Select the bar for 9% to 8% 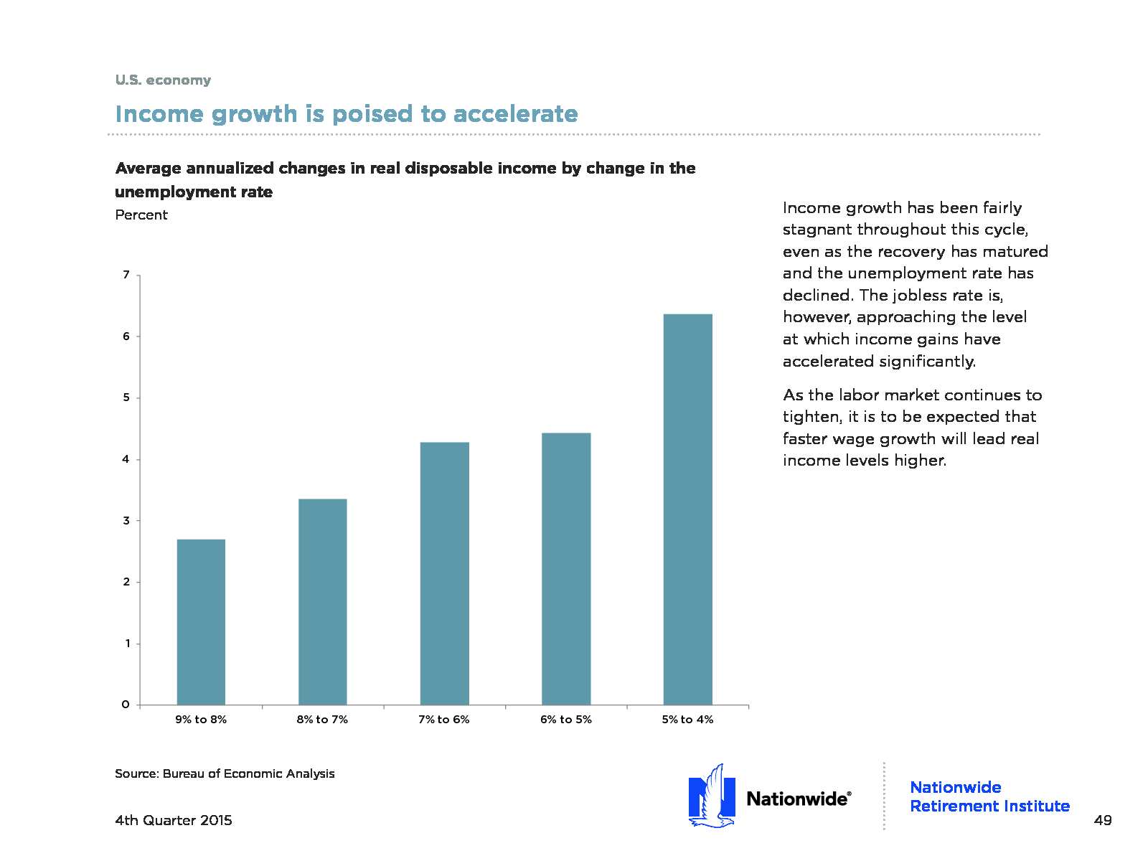pyautogui.click(x=201, y=621)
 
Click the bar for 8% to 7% pyautogui.click(x=323, y=602)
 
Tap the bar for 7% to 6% pyautogui.click(x=445, y=573)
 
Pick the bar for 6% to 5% pyautogui.click(x=566, y=569)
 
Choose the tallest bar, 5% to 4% pyautogui.click(x=688, y=509)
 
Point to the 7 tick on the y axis pyautogui.click(x=126, y=275)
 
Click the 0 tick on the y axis pyautogui.click(x=126, y=705)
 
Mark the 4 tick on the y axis pyautogui.click(x=126, y=459)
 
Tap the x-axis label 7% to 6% pyautogui.click(x=444, y=720)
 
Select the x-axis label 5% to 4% pyautogui.click(x=688, y=720)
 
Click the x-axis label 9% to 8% pyautogui.click(x=201, y=720)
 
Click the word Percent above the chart pyautogui.click(x=141, y=215)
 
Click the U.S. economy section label pyautogui.click(x=163, y=80)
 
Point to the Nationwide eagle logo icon pyautogui.click(x=712, y=796)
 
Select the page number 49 pyautogui.click(x=1103, y=820)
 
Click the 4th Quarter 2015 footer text pyautogui.click(x=174, y=820)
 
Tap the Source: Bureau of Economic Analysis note pyautogui.click(x=225, y=773)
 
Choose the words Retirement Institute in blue pyautogui.click(x=990, y=806)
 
